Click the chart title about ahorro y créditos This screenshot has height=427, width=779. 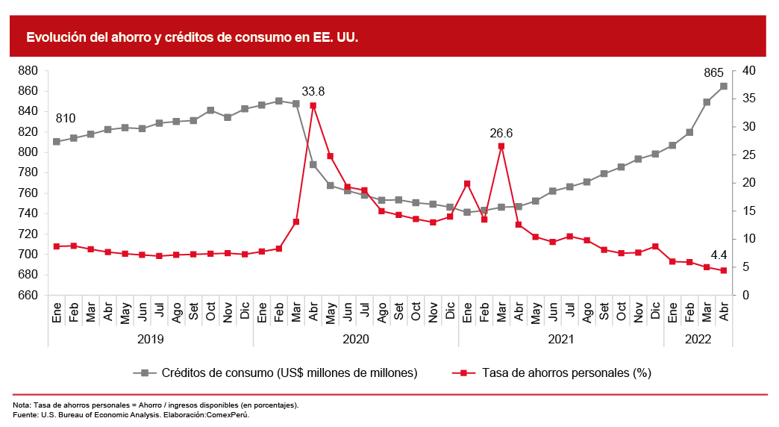coord(193,37)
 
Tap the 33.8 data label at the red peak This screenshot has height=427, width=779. coord(313,92)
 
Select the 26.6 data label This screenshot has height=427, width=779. coord(501,134)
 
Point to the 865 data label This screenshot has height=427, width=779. coord(714,73)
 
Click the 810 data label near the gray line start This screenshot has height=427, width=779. coord(66,119)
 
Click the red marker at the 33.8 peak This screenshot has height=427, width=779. coord(313,106)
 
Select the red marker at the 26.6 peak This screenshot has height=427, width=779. coord(501,146)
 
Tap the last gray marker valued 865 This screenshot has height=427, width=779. coord(724,87)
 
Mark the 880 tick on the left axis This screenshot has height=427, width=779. coord(28,71)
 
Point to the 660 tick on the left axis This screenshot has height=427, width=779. coord(28,296)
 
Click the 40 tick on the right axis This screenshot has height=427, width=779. coord(749,71)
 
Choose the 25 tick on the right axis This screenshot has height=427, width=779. coord(749,155)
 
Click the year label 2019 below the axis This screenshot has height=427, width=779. coord(151,339)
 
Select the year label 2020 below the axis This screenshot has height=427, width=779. coord(356,339)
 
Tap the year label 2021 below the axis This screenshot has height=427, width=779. coord(561,339)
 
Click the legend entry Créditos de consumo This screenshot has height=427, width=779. coord(289,373)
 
